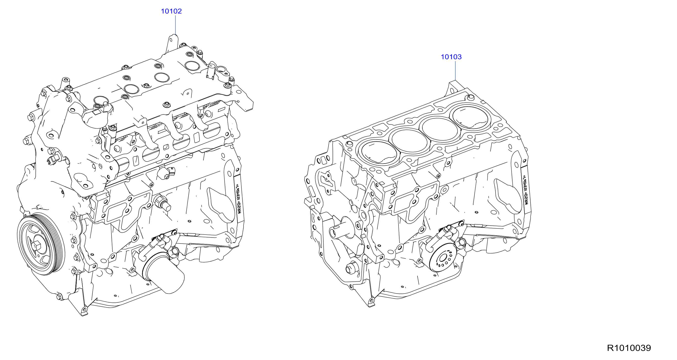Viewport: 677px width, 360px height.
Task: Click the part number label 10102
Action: point(171,11)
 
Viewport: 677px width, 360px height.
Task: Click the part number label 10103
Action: point(451,57)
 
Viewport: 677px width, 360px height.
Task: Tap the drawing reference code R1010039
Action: point(629,348)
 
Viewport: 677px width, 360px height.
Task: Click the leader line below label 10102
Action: point(176,25)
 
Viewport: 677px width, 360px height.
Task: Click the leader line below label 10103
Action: point(456,70)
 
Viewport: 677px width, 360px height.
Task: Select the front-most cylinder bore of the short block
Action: point(379,153)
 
